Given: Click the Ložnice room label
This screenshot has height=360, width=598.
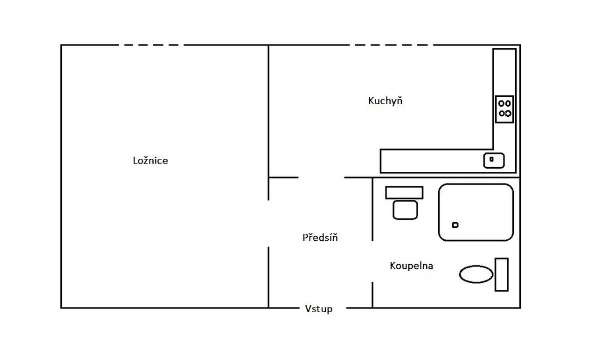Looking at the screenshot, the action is (150, 160).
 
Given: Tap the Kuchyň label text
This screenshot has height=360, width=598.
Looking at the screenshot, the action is (385, 101).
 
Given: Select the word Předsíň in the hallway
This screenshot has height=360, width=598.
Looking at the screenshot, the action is (320, 237).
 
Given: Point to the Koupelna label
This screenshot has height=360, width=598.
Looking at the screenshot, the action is (411, 266).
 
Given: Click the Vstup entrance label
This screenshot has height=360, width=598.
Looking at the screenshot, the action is (318, 309).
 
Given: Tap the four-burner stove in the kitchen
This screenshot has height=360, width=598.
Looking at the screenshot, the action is (505, 109).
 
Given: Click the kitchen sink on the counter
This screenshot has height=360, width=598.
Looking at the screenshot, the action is (494, 160).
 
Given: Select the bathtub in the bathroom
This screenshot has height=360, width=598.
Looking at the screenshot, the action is (476, 212).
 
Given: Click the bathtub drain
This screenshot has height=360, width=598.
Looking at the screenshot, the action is (455, 225).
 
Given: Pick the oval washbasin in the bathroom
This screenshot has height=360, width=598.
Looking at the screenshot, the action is (476, 274).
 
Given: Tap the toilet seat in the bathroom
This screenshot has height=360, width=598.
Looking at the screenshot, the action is (405, 210).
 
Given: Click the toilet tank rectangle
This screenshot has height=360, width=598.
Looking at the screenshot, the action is (404, 193).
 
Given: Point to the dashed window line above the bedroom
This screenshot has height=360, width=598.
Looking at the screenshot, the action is (151, 45).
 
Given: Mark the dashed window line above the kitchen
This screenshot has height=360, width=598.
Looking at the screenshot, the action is (391, 45).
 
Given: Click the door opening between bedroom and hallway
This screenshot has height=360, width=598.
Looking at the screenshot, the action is (269, 224).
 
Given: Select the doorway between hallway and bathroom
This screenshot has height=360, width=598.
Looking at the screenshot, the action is (373, 261).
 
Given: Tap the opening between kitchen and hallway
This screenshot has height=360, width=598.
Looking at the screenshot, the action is (321, 178).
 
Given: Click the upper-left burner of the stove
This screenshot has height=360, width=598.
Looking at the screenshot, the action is (501, 103).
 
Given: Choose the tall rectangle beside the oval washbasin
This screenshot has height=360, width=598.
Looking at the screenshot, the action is (502, 275).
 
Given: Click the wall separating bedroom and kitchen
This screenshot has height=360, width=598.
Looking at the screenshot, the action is (269, 111).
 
